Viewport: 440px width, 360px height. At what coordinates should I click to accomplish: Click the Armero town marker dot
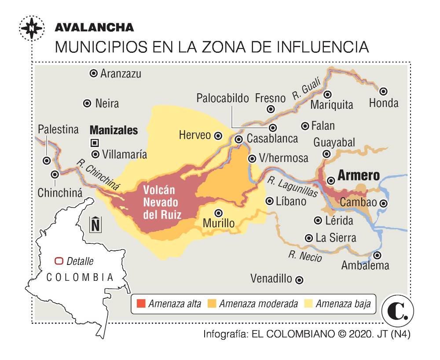coord(331,180)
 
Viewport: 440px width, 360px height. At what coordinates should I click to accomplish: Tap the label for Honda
coord(384,103)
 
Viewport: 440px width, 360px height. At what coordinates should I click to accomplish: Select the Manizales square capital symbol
coord(94,143)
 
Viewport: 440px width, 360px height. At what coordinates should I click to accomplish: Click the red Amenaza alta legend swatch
coord(141,304)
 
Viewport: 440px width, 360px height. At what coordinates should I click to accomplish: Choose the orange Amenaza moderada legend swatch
coord(212,304)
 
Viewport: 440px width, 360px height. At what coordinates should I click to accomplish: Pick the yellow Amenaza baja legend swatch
coord(308,304)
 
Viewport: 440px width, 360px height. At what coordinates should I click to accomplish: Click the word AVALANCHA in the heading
coord(94,27)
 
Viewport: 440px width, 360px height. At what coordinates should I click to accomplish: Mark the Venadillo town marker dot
coord(299,279)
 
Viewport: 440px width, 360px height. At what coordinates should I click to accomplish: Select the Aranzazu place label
coord(121,74)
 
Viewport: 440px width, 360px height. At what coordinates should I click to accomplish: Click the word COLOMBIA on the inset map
coord(80,277)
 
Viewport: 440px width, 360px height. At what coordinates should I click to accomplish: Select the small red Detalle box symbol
coord(59,261)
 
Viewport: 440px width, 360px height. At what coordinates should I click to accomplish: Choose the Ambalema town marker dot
coord(377,255)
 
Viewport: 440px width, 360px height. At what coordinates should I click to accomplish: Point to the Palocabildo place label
coord(223,98)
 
